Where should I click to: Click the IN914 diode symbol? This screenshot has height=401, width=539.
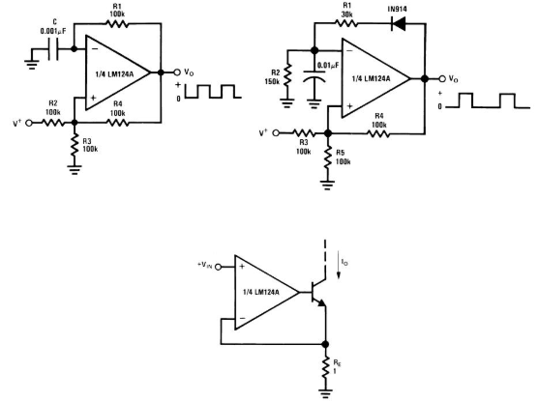click(399, 24)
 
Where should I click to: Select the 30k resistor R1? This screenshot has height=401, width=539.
click(346, 23)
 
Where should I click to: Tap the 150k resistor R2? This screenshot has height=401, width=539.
click(287, 74)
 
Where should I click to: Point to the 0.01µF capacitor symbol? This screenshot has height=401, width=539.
click(314, 76)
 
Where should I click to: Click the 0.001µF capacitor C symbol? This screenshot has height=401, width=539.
click(53, 49)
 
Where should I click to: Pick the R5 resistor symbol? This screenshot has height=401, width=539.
click(328, 158)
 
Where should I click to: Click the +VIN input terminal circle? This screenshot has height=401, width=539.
click(219, 267)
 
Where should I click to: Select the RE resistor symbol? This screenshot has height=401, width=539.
click(325, 368)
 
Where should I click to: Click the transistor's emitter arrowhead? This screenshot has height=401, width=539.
click(321, 302)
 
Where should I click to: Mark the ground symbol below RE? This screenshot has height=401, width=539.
click(325, 393)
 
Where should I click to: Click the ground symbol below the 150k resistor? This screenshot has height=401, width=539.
click(287, 103)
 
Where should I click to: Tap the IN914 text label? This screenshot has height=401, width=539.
click(398, 9)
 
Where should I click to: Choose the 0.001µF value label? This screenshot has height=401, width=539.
click(53, 31)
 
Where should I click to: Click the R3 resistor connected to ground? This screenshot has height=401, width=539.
click(75, 145)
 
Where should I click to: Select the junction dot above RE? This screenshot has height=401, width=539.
click(325, 344)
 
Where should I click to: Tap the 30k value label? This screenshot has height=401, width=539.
click(346, 14)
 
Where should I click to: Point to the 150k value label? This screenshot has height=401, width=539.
click(272, 82)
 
